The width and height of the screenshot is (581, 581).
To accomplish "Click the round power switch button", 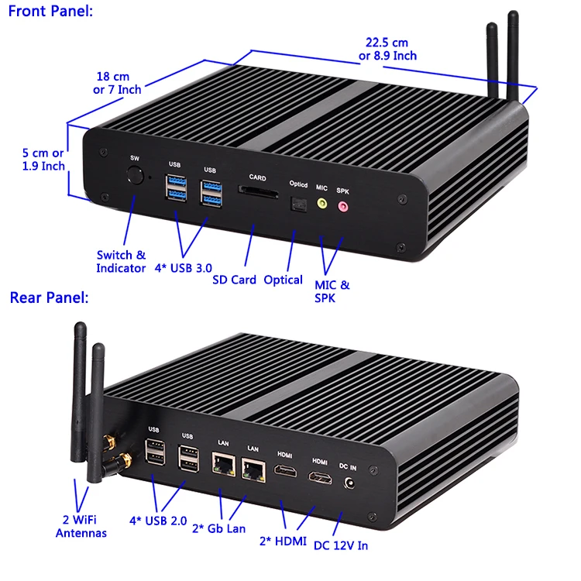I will coord(136,174).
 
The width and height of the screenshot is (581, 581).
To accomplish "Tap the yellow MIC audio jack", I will coord(322,205).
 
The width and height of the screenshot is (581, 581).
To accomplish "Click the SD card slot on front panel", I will coord(257,190).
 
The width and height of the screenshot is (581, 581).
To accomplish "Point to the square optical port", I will coord(297,204).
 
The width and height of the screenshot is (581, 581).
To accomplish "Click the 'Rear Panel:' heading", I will coord(49,297).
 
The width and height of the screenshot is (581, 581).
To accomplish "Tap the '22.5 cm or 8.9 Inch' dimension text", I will coord(387,50).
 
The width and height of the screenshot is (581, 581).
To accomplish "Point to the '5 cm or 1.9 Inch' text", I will coord(43,160).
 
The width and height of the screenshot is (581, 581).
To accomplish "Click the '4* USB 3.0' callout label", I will coord(183,268).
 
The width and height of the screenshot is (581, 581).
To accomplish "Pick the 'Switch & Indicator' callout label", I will coord(121,261).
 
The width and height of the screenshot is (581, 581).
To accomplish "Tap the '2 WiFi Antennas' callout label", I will coord(81,525).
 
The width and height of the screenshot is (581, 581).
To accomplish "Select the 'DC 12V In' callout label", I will coord(341,545).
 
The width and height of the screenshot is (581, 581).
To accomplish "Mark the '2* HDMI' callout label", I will coord(283,541).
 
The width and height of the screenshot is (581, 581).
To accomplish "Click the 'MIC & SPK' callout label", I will coord(332,291).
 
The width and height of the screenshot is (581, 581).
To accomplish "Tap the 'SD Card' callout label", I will coord(234,280).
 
